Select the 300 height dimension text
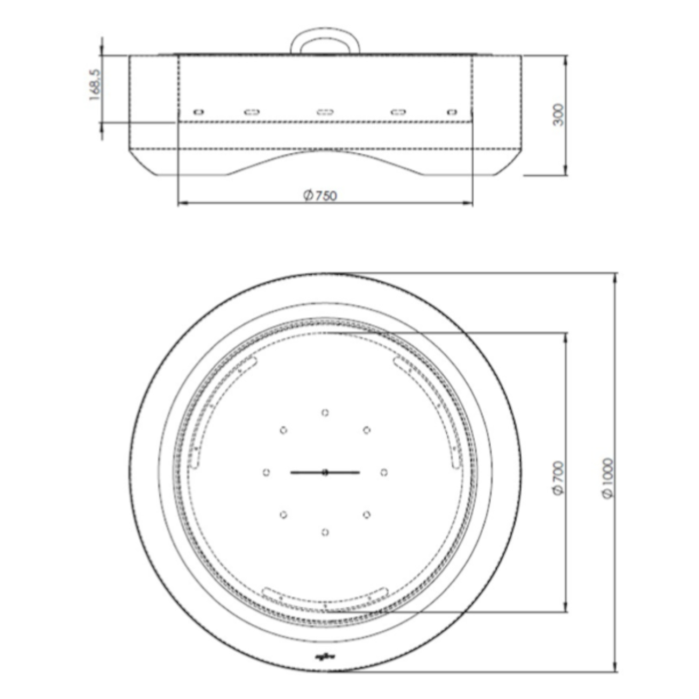click(559, 115)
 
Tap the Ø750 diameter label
click(320, 195)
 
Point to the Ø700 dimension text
click(559, 477)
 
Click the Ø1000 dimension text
click(608, 478)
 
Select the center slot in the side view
click(325, 112)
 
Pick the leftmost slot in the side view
click(198, 112)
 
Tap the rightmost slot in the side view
click(452, 112)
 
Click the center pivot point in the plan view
click(325, 473)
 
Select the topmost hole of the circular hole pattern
click(325, 412)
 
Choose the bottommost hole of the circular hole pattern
click(325, 532)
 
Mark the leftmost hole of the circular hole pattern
click(266, 472)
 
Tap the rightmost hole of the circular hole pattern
click(384, 472)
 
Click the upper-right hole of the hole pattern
click(367, 430)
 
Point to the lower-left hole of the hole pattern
click(283, 515)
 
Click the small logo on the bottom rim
click(320, 655)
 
